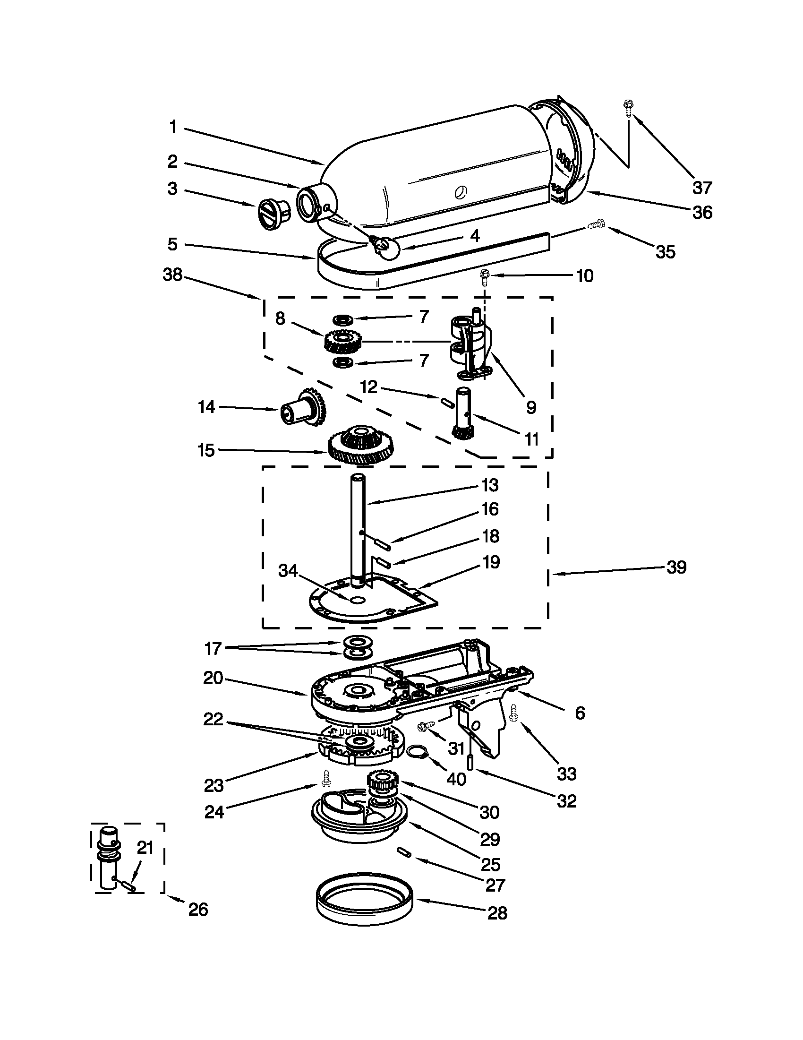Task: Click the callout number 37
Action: click(x=701, y=188)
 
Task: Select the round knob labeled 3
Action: click(x=273, y=215)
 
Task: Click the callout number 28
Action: click(x=497, y=913)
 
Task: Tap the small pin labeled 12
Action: click(x=446, y=401)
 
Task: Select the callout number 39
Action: click(x=676, y=567)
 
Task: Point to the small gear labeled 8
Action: click(x=343, y=341)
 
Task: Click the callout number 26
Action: click(x=198, y=910)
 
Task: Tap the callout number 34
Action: click(x=288, y=571)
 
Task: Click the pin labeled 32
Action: click(x=470, y=762)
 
